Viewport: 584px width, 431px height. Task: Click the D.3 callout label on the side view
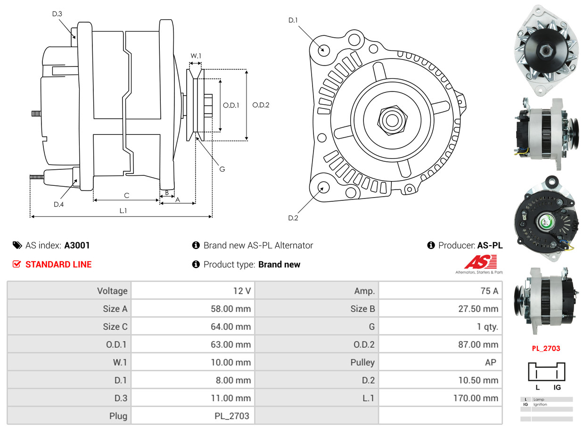pyautogui.click(x=57, y=14)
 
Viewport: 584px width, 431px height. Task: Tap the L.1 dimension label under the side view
pyautogui.click(x=123, y=211)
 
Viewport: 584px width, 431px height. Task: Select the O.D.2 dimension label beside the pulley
pyautogui.click(x=261, y=105)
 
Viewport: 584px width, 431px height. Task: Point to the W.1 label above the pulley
pyautogui.click(x=196, y=56)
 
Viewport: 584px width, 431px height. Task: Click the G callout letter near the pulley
pyautogui.click(x=222, y=169)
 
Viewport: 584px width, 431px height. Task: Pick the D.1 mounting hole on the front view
pyautogui.click(x=323, y=49)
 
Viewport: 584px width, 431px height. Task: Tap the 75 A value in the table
pyautogui.click(x=489, y=291)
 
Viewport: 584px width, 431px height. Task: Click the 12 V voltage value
pyautogui.click(x=242, y=291)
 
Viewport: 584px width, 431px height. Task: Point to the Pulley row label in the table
pyautogui.click(x=362, y=362)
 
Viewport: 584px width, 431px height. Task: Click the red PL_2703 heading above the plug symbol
pyautogui.click(x=546, y=349)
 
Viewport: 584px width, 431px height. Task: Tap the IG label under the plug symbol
pyautogui.click(x=557, y=387)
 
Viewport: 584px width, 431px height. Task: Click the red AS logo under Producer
pyautogui.click(x=480, y=262)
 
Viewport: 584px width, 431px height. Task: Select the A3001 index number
pyautogui.click(x=77, y=245)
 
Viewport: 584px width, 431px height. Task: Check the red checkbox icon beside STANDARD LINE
pyautogui.click(x=16, y=264)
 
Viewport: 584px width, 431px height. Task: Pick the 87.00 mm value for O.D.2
pyautogui.click(x=477, y=345)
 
